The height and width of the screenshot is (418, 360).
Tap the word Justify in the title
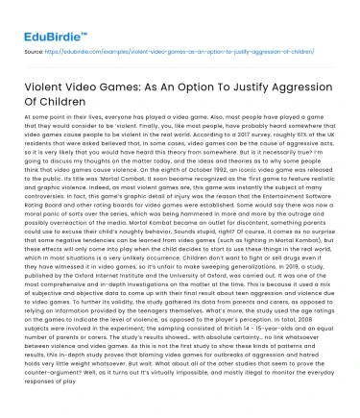click(257, 89)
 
